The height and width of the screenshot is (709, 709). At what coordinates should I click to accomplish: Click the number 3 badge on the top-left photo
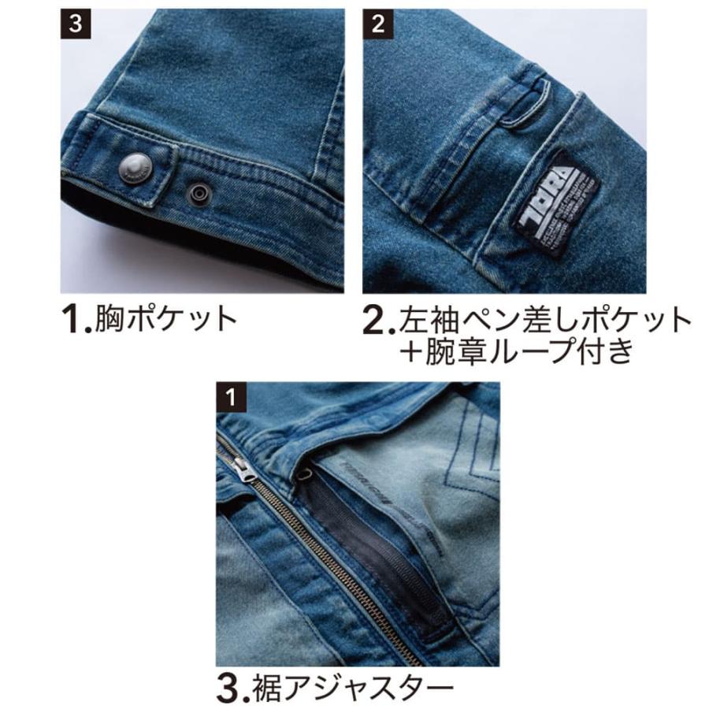75,24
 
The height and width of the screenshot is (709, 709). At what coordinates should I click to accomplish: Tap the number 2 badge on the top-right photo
377,24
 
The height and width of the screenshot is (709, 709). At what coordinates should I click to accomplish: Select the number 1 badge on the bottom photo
230,397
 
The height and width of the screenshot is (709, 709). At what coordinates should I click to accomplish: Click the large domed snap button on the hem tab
133,167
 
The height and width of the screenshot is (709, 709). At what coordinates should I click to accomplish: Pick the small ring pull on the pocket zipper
305,474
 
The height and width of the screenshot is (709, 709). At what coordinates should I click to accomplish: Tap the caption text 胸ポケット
166,319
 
